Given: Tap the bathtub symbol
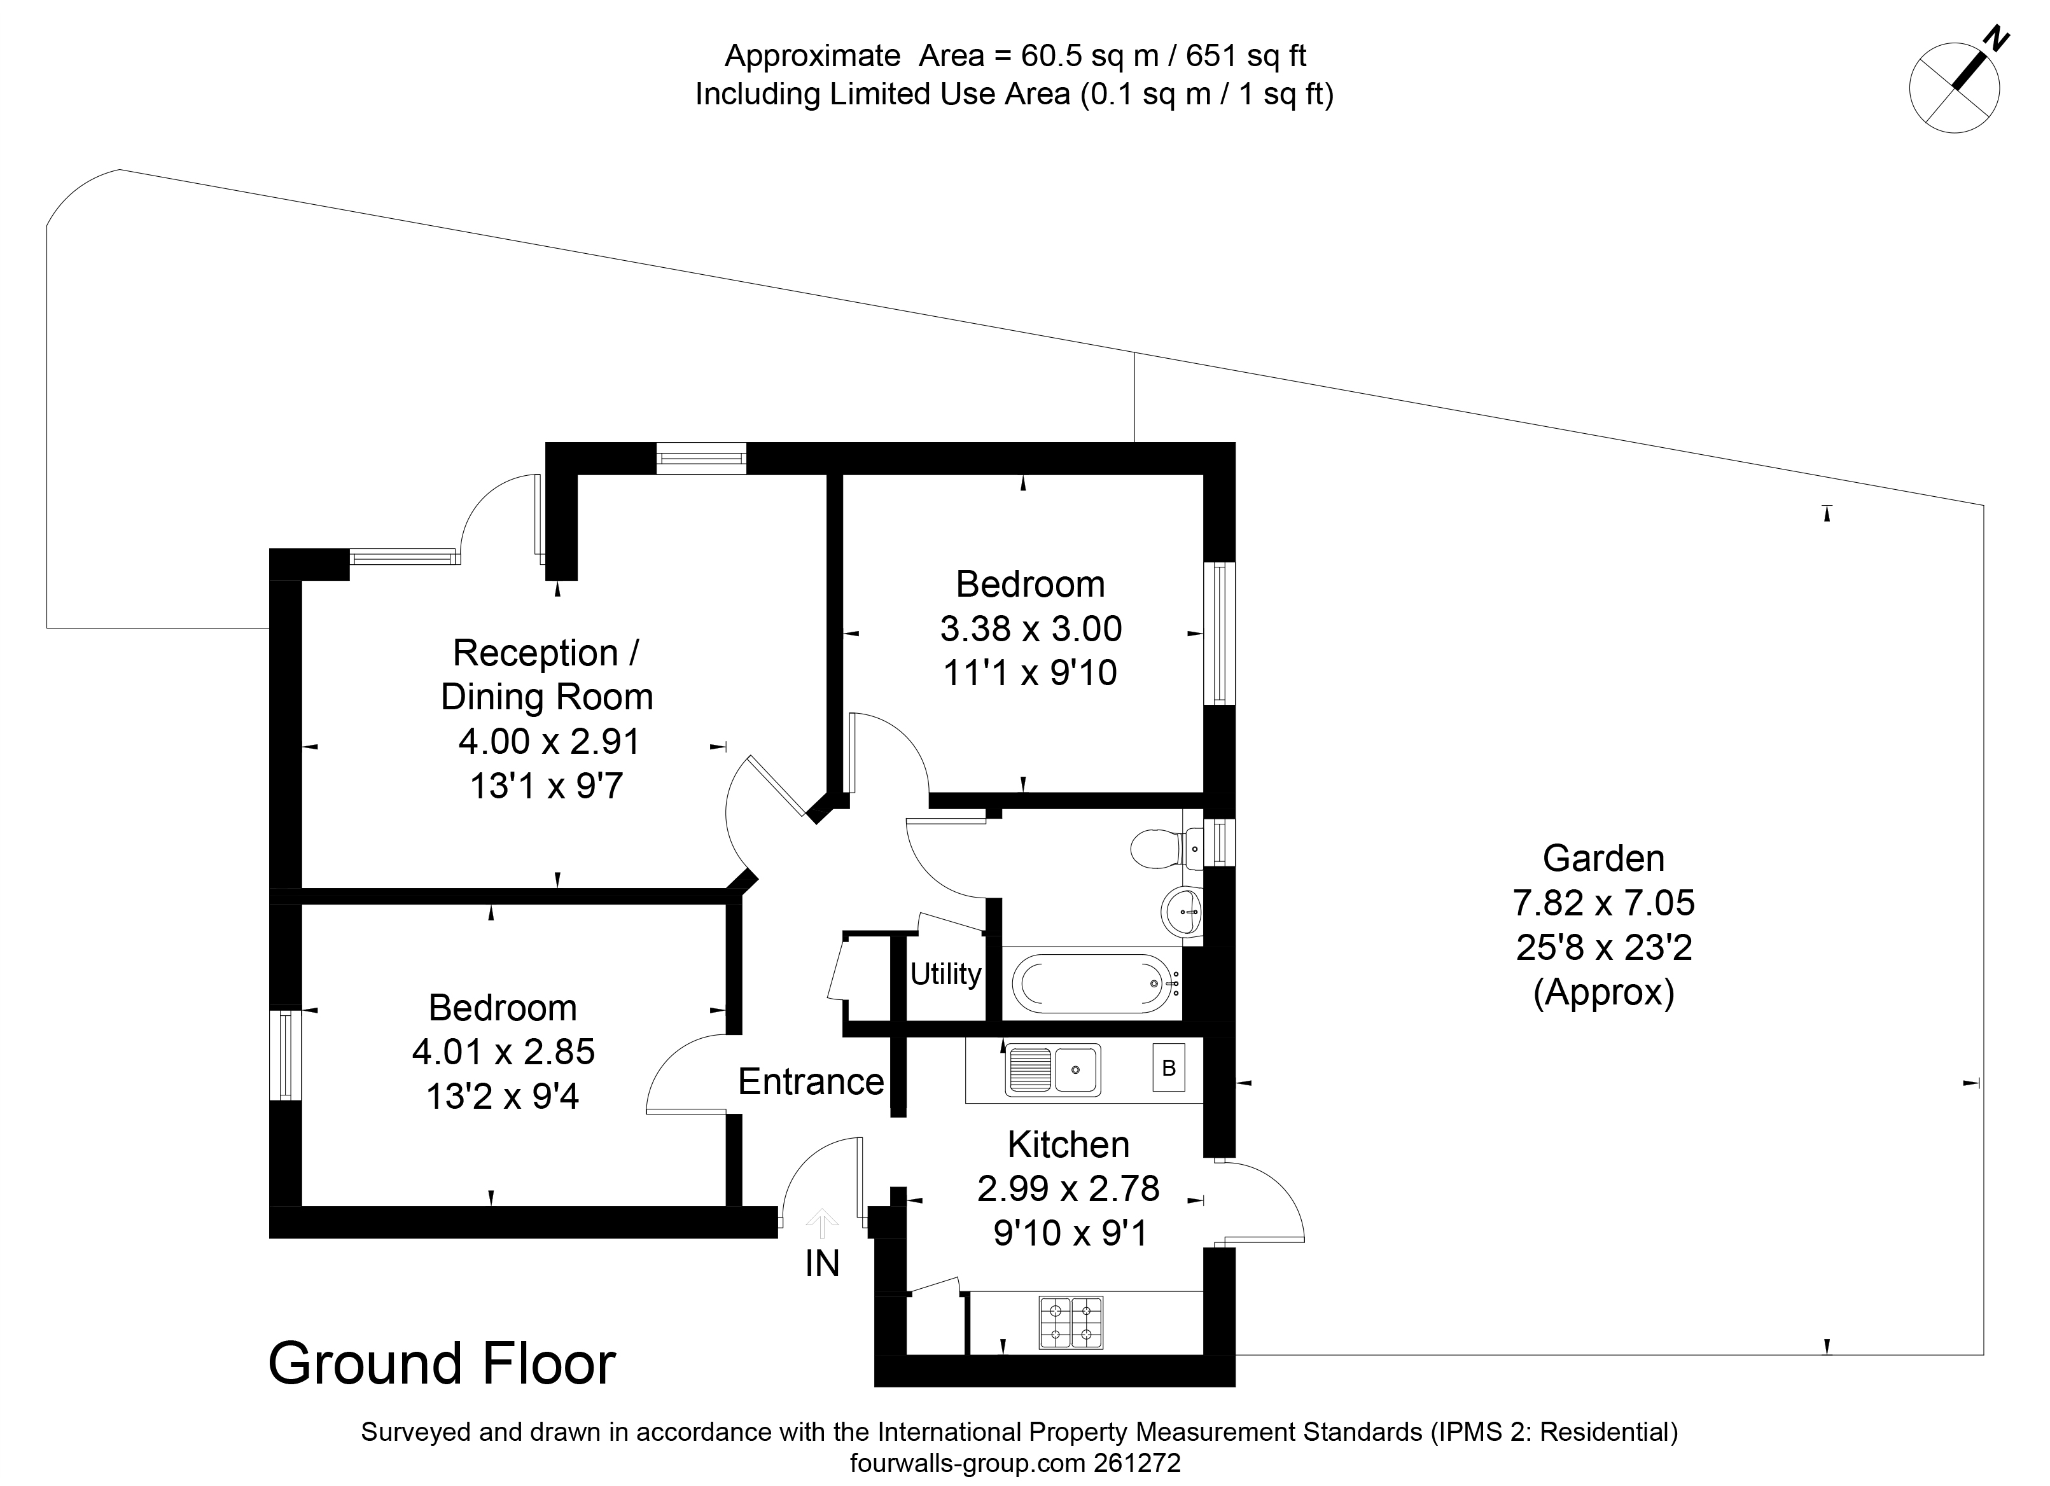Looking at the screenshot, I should point(1092,983).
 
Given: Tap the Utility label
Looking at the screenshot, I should point(945,975).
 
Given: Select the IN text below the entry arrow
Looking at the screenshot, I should point(821,1263).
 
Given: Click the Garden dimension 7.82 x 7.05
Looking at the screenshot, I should point(1603,902).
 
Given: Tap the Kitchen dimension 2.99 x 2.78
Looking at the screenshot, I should point(1068,1189).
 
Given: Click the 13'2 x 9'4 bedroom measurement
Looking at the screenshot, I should point(503,1097).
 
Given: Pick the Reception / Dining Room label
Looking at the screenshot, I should point(546,674).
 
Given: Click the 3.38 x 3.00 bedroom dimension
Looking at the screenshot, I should point(1031,628).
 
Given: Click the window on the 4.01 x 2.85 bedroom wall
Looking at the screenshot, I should point(286,1055).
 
